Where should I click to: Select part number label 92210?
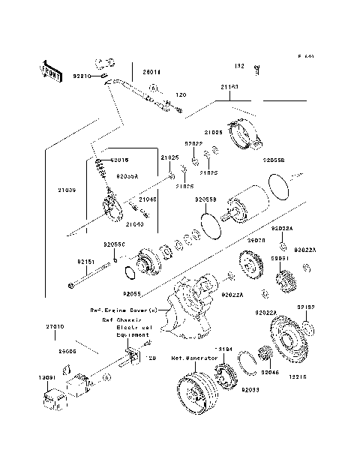82,76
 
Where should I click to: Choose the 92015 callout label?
120,160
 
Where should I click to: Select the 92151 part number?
85,262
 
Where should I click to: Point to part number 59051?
280,257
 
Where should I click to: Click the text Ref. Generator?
194,358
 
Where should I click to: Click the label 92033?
250,390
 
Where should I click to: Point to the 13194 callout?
224,349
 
